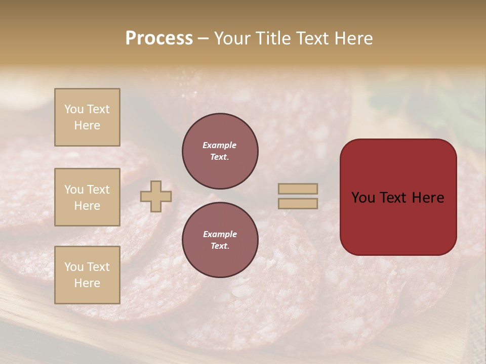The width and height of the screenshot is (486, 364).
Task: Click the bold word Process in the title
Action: click(x=159, y=38)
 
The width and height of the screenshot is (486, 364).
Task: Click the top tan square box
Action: click(x=87, y=117)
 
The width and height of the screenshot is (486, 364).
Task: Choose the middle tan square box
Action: click(x=87, y=197)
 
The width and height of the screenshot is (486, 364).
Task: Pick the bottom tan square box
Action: click(x=87, y=275)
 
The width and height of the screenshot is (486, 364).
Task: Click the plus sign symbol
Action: click(x=156, y=196)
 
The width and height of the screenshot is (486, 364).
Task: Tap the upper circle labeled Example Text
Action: click(x=220, y=151)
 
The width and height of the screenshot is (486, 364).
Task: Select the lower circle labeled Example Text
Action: click(x=220, y=240)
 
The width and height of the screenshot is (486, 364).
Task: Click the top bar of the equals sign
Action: click(x=298, y=189)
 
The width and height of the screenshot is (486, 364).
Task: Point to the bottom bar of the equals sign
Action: click(x=298, y=204)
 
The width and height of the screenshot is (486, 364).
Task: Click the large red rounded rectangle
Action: click(x=398, y=222)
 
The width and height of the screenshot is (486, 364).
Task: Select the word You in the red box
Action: click(x=363, y=198)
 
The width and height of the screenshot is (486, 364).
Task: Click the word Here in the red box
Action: click(x=428, y=198)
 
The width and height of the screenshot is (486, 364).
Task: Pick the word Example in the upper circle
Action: click(x=220, y=146)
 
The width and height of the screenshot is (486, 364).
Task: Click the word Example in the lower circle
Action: click(x=220, y=235)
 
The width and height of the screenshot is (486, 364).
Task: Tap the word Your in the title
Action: click(x=231, y=38)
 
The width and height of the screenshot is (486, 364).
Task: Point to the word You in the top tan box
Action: click(x=74, y=109)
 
